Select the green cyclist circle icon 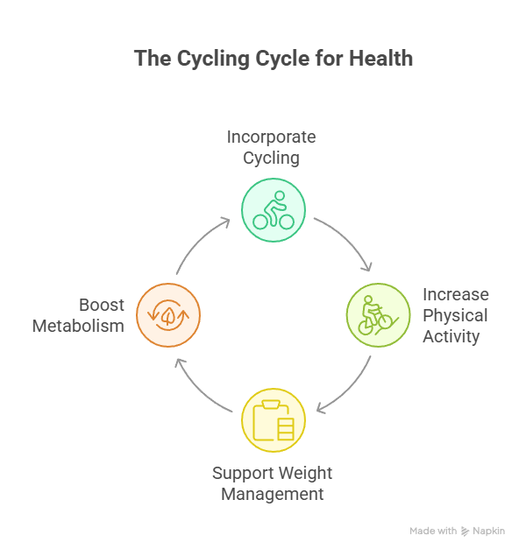point(274,210)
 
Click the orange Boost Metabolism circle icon point(168,315)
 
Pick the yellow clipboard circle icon point(274,420)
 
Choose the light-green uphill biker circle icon point(379,315)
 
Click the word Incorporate point(272,137)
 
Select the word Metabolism point(78,326)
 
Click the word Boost point(102,305)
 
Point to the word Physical point(455,316)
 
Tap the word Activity point(451,337)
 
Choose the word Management point(273,495)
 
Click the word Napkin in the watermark point(488,531)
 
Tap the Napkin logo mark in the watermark point(465,531)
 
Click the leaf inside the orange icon point(168,315)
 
